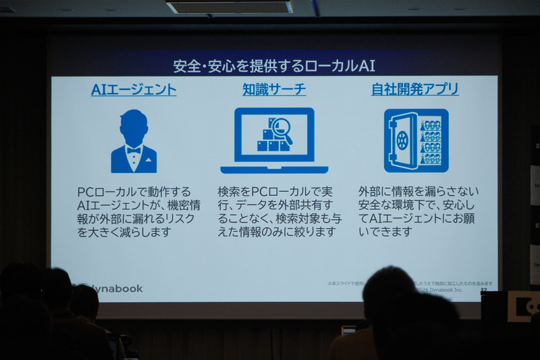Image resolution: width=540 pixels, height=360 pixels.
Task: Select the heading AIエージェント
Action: (x=134, y=90)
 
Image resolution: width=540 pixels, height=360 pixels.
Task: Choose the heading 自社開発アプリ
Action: (x=415, y=90)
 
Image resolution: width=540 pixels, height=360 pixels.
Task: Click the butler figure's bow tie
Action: (x=134, y=150)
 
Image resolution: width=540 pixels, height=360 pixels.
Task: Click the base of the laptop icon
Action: (x=274, y=170)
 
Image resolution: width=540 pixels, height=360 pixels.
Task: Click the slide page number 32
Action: (x=483, y=290)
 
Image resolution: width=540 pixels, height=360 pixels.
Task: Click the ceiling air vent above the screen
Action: (x=230, y=7)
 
